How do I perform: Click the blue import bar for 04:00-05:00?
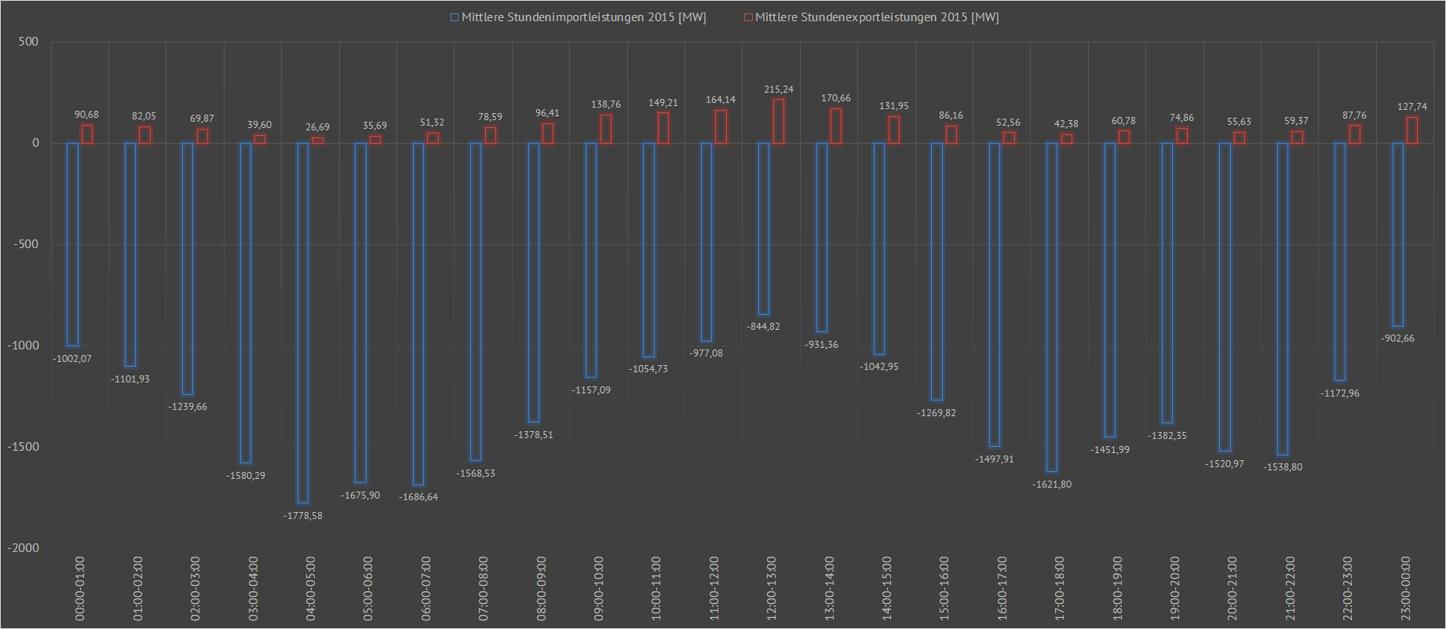click(303, 322)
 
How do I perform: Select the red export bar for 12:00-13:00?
click(779, 121)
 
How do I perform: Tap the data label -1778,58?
click(303, 516)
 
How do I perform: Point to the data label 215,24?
click(779, 90)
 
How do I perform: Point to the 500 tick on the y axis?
click(28, 42)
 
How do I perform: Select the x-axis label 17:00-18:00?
click(1060, 588)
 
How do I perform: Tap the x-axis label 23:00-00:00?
click(1406, 588)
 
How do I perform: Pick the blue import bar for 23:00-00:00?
click(1398, 234)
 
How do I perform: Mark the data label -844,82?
click(764, 327)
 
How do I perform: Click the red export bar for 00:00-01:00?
click(87, 134)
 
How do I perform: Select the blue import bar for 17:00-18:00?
click(1052, 307)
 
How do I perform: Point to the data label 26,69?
click(318, 127)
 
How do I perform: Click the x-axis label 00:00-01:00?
click(80, 588)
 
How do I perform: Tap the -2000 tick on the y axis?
click(24, 548)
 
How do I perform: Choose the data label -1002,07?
click(72, 359)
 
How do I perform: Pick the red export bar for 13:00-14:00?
click(836, 126)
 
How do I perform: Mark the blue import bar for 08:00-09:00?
click(534, 283)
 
